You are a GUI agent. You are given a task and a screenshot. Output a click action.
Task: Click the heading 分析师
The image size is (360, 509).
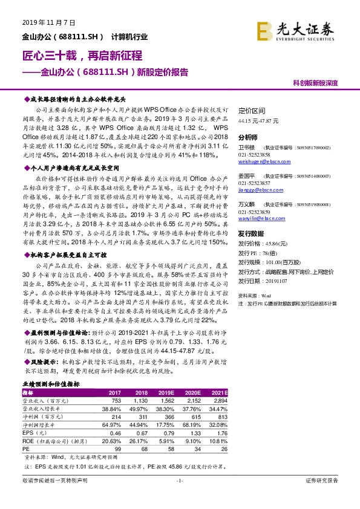tap(249, 138)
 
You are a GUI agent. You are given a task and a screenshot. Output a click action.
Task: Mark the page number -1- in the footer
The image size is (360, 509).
tap(180, 481)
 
